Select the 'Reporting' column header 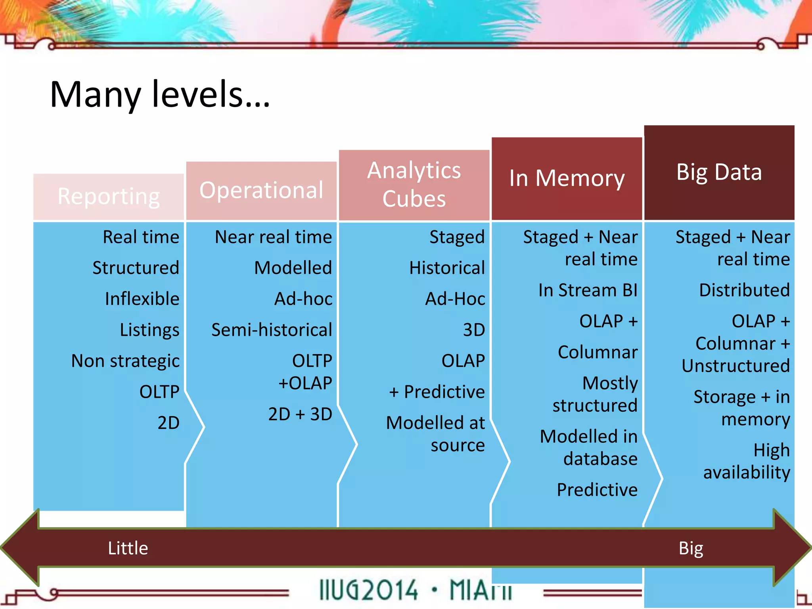point(109,197)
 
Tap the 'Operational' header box point(261,190)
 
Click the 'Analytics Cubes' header point(414,185)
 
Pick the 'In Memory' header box point(567,178)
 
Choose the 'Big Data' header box point(719,172)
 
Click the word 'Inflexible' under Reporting point(142,299)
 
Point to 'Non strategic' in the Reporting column point(125,361)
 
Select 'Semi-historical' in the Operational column point(272,330)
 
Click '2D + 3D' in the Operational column point(300,414)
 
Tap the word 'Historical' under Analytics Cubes point(447,268)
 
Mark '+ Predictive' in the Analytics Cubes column point(437,392)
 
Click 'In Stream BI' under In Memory point(588,291)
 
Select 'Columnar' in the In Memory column point(598,352)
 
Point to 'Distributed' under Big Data point(744,291)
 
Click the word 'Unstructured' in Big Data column point(735,366)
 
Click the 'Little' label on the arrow point(128,548)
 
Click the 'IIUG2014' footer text point(368,590)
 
